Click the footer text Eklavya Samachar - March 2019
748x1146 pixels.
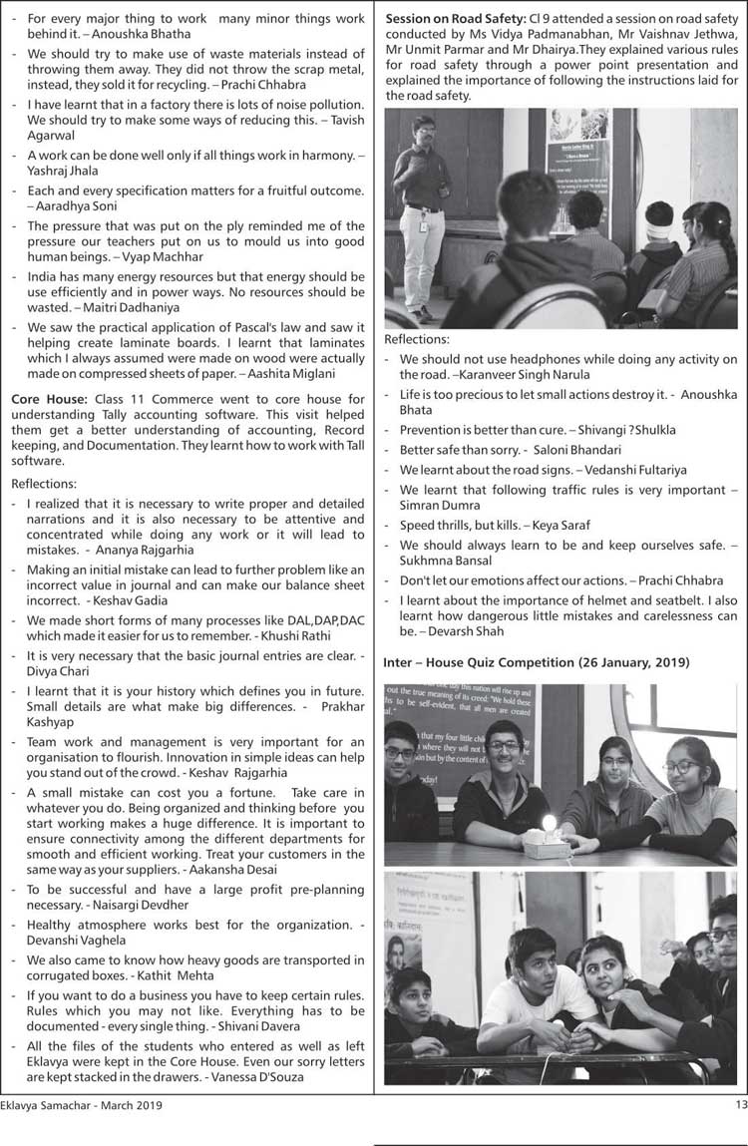(x=81, y=1105)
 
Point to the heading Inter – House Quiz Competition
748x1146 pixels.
(x=536, y=662)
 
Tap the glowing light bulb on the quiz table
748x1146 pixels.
(x=548, y=824)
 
